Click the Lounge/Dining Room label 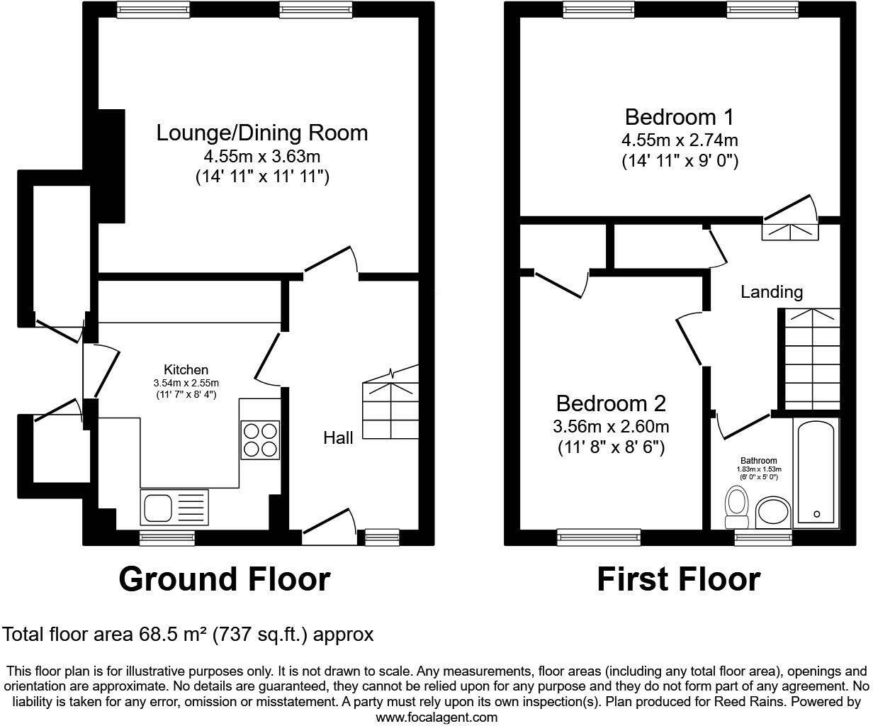(261, 133)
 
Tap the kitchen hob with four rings (260, 440)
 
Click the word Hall (338, 438)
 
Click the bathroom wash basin (773, 513)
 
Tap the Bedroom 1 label (679, 117)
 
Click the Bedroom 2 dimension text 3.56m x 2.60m (611, 427)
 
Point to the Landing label (772, 291)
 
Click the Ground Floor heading (224, 579)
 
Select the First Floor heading (678, 579)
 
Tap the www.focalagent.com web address (436, 717)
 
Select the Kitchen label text (186, 369)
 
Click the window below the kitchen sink (167, 538)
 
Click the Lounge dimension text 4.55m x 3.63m (262, 156)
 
